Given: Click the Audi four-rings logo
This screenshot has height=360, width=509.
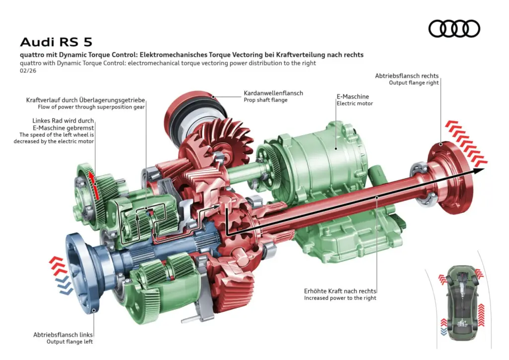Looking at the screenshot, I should point(454,28).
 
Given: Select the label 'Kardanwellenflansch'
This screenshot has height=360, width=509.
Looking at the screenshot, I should point(273,93).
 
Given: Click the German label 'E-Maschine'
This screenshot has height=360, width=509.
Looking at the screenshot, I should point(351,96).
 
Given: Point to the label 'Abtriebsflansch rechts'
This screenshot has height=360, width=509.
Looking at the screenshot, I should point(407,76).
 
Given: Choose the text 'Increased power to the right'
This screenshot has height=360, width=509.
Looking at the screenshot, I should point(340,298).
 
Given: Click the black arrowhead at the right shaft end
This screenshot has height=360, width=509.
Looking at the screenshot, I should point(479,171).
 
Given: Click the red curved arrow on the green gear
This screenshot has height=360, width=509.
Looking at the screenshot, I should point(94,185).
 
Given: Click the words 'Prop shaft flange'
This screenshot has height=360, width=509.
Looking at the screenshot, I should point(265,100).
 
